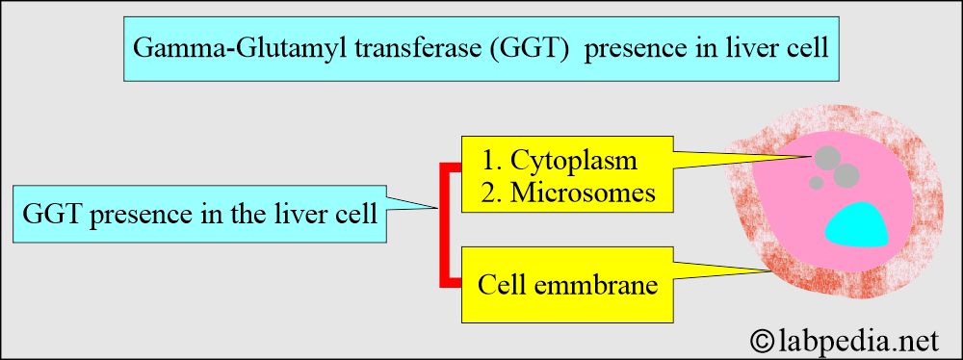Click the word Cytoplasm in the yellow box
tap(574, 161)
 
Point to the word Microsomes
tap(583, 193)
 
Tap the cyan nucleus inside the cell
tap(857, 225)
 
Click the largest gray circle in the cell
tap(846, 174)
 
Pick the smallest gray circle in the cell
tap(817, 183)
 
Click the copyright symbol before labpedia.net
tap(762, 341)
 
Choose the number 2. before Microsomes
tap(492, 193)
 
